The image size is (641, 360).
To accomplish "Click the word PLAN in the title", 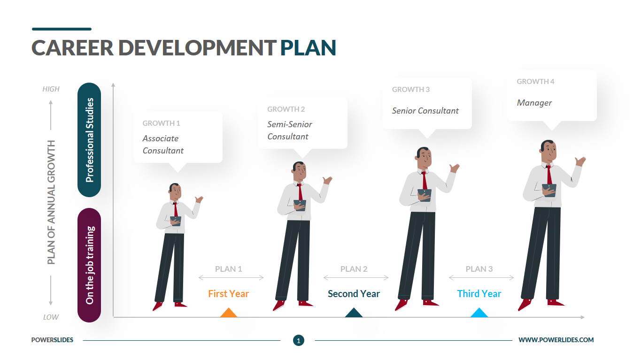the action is (x=308, y=48).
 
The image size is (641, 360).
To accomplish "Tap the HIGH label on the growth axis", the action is (x=51, y=89).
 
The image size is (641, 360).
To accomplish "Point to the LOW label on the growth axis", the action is (x=51, y=317).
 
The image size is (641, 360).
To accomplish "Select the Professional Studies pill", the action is (x=89, y=140).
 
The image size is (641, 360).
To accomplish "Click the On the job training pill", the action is (x=89, y=265).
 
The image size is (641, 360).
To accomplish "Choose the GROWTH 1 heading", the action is (x=162, y=123).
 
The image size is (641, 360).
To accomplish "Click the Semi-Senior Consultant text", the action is (x=290, y=130).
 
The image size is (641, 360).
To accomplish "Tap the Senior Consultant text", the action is (x=425, y=111).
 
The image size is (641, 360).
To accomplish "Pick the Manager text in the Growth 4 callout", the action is (x=534, y=103).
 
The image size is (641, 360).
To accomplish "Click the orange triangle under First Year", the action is (x=229, y=313).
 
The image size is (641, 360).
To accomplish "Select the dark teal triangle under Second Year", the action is (x=354, y=313).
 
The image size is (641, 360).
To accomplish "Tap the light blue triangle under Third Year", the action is (x=479, y=313).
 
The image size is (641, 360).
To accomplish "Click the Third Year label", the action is (x=479, y=294).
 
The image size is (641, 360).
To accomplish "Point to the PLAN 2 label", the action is (x=354, y=269).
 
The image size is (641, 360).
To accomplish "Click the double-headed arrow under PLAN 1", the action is (x=231, y=277).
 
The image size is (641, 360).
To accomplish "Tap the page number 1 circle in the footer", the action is (x=299, y=340).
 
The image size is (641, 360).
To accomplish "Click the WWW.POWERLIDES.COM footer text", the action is (x=556, y=340).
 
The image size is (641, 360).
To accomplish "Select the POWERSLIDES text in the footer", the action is (x=53, y=340).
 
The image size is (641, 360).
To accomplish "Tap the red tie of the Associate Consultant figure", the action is (x=176, y=210).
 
